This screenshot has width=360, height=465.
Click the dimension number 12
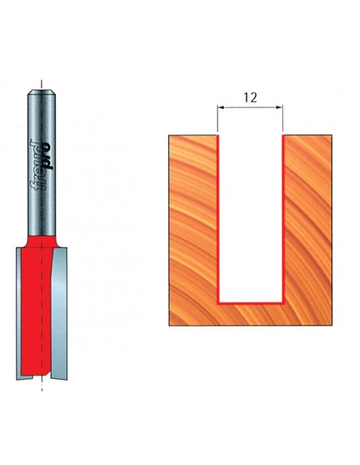250,98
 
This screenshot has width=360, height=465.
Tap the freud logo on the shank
42,165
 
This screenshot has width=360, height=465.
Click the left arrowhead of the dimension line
221,107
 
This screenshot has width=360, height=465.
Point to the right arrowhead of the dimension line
280,107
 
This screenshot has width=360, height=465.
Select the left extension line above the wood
217,119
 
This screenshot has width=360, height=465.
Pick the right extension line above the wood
283,119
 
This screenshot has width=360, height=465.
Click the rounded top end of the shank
41,92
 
